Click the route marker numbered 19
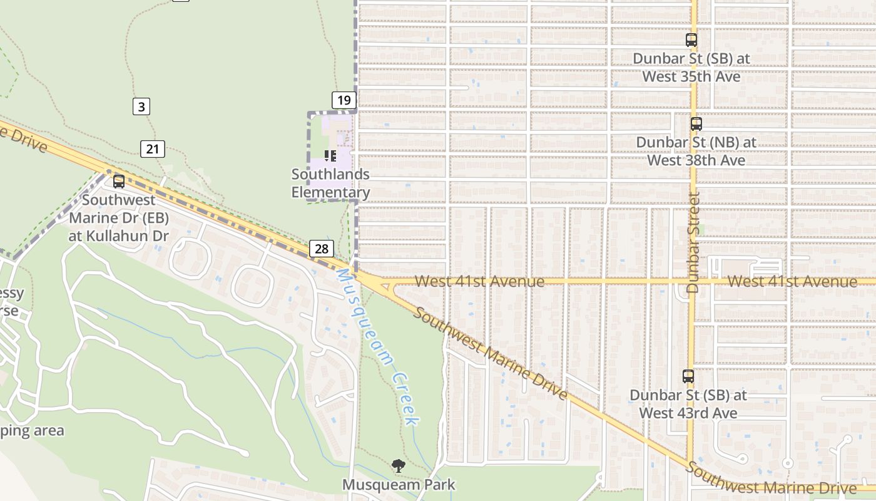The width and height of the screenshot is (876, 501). tap(344, 100)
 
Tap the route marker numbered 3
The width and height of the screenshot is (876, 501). tap(141, 106)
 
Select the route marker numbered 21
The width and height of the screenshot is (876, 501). tap(153, 149)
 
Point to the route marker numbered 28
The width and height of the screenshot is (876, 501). tap(322, 249)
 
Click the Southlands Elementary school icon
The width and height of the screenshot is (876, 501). tap(330, 155)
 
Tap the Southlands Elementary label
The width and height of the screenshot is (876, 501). tap(330, 183)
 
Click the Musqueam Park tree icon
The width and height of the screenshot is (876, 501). tap(398, 466)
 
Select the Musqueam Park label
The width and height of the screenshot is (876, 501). tap(399, 485)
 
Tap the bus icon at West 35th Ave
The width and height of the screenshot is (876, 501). tap(691, 40)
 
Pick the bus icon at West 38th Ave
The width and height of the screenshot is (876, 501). tap(696, 124)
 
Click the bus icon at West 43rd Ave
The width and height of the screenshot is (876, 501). tap(688, 376)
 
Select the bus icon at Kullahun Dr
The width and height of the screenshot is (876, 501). tap(119, 182)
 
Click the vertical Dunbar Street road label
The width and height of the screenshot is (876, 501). tap(692, 243)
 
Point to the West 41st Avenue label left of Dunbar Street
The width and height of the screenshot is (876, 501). tap(479, 282)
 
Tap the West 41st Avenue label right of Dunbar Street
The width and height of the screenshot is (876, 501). tap(792, 282)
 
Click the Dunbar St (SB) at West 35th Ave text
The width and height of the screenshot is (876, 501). tap(691, 68)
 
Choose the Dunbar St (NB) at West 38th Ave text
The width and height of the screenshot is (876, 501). tap(696, 151)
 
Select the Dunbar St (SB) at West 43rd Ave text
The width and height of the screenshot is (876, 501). tap(688, 404)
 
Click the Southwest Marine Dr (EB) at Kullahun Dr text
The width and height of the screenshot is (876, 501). tap(119, 218)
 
